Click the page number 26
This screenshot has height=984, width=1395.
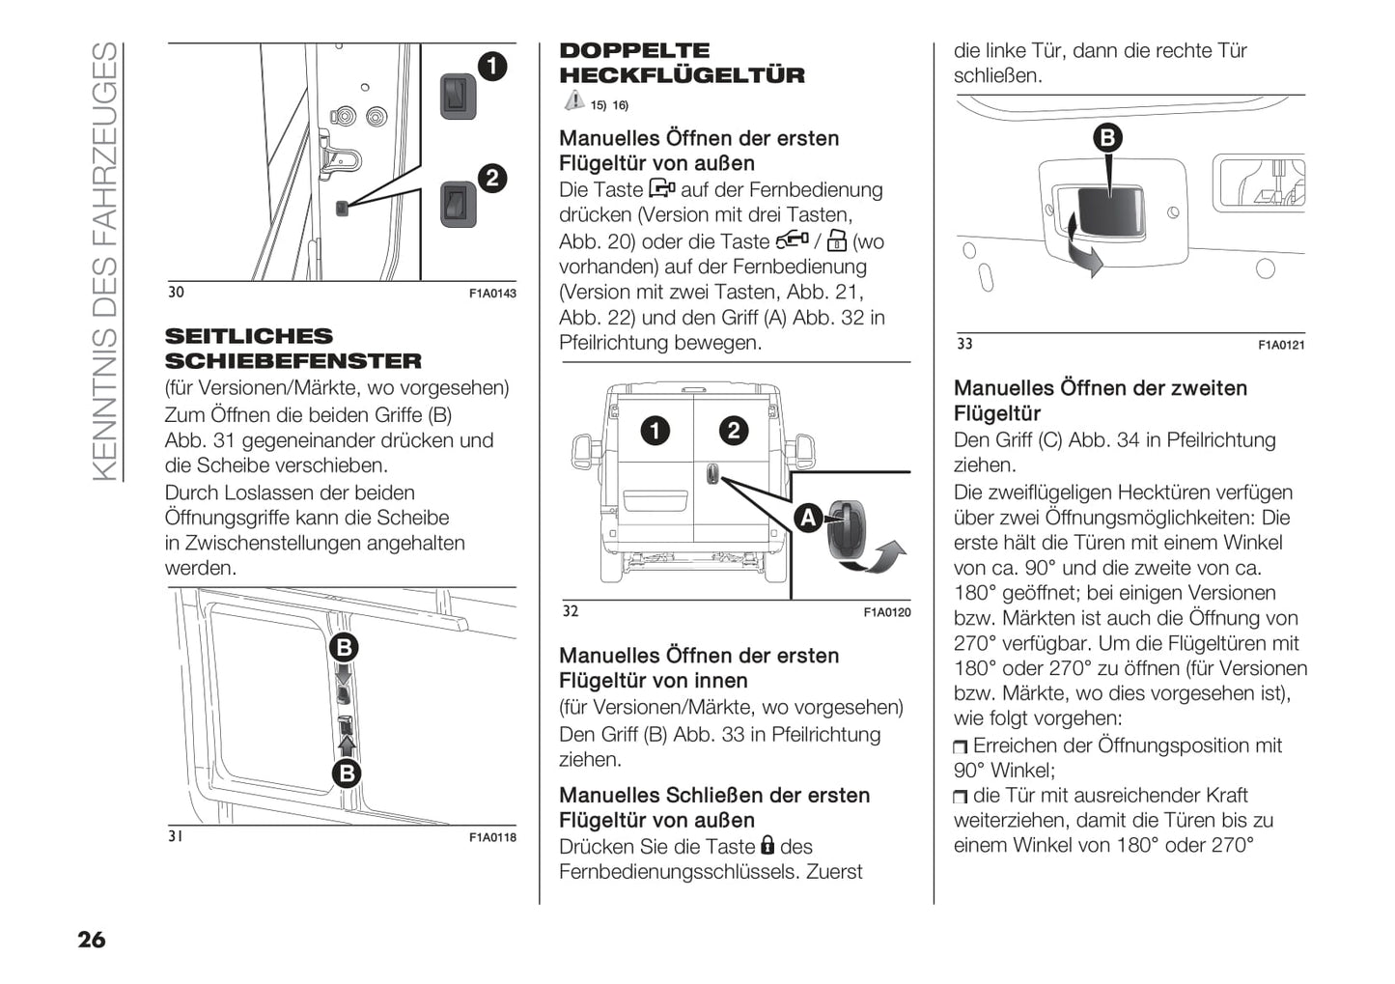pyautogui.click(x=92, y=940)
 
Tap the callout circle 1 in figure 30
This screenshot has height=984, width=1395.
pyautogui.click(x=491, y=66)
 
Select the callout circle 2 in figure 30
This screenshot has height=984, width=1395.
pyautogui.click(x=491, y=178)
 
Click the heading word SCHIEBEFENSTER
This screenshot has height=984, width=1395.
pyautogui.click(x=293, y=361)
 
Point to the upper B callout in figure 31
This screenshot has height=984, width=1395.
pyautogui.click(x=344, y=647)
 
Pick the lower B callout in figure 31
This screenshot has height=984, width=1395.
pyautogui.click(x=346, y=773)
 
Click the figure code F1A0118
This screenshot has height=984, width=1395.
pyautogui.click(x=492, y=837)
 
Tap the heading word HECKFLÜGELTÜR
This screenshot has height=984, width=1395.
pyautogui.click(x=682, y=75)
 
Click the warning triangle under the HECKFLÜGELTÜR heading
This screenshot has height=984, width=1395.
pyautogui.click(x=573, y=100)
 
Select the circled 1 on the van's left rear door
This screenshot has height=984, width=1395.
pyautogui.click(x=656, y=431)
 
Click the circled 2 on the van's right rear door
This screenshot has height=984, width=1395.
pyautogui.click(x=734, y=431)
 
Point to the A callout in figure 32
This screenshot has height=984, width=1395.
pyautogui.click(x=807, y=519)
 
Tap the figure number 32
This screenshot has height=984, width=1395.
pyautogui.click(x=571, y=611)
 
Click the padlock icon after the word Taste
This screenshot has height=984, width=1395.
pyautogui.click(x=767, y=846)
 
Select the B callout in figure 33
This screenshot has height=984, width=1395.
pyautogui.click(x=1107, y=137)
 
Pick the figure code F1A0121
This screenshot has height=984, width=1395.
pyautogui.click(x=1281, y=345)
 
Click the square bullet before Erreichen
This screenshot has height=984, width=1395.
pyautogui.click(x=960, y=746)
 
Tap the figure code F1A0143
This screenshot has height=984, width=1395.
pyautogui.click(x=492, y=293)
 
